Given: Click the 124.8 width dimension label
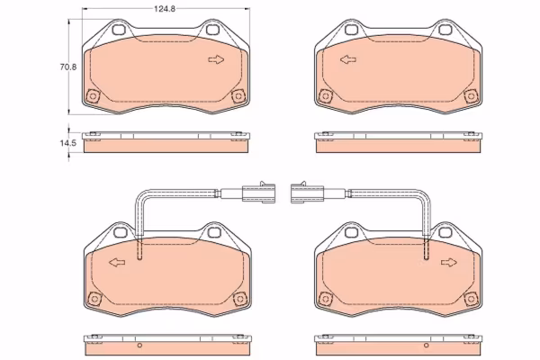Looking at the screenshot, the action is pyautogui.click(x=165, y=9).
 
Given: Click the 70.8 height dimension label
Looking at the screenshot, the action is pyautogui.click(x=68, y=67).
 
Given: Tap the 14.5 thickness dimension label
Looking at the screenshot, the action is pyautogui.click(x=67, y=143).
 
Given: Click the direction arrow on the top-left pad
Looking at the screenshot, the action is pyautogui.click(x=216, y=59).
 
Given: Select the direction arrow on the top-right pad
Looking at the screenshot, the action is pyautogui.click(x=348, y=59).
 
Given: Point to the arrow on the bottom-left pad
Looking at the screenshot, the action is pyautogui.click(x=117, y=263).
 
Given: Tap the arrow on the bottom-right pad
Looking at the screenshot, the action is pyautogui.click(x=449, y=263).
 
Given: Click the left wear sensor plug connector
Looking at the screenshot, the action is pyautogui.click(x=258, y=193).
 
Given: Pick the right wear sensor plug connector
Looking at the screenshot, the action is pyautogui.click(x=307, y=193).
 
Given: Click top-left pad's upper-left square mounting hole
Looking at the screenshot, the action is pyautogui.click(x=119, y=30).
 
